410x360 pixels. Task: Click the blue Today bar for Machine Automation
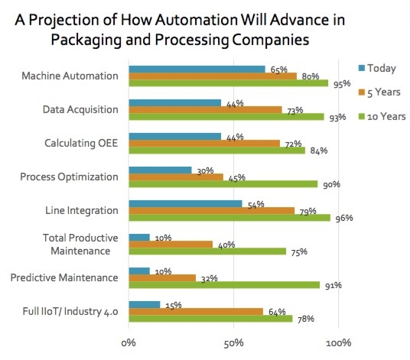point(197,69)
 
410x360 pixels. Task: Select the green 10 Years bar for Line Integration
point(229,217)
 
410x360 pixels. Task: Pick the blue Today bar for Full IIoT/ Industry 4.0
point(144,304)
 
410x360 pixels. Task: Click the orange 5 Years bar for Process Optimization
point(176,177)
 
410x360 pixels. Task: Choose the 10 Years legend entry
point(381,116)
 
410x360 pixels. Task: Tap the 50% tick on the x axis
point(234,342)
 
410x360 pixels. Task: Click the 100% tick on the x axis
point(339,342)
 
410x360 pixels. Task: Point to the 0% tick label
point(129,342)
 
